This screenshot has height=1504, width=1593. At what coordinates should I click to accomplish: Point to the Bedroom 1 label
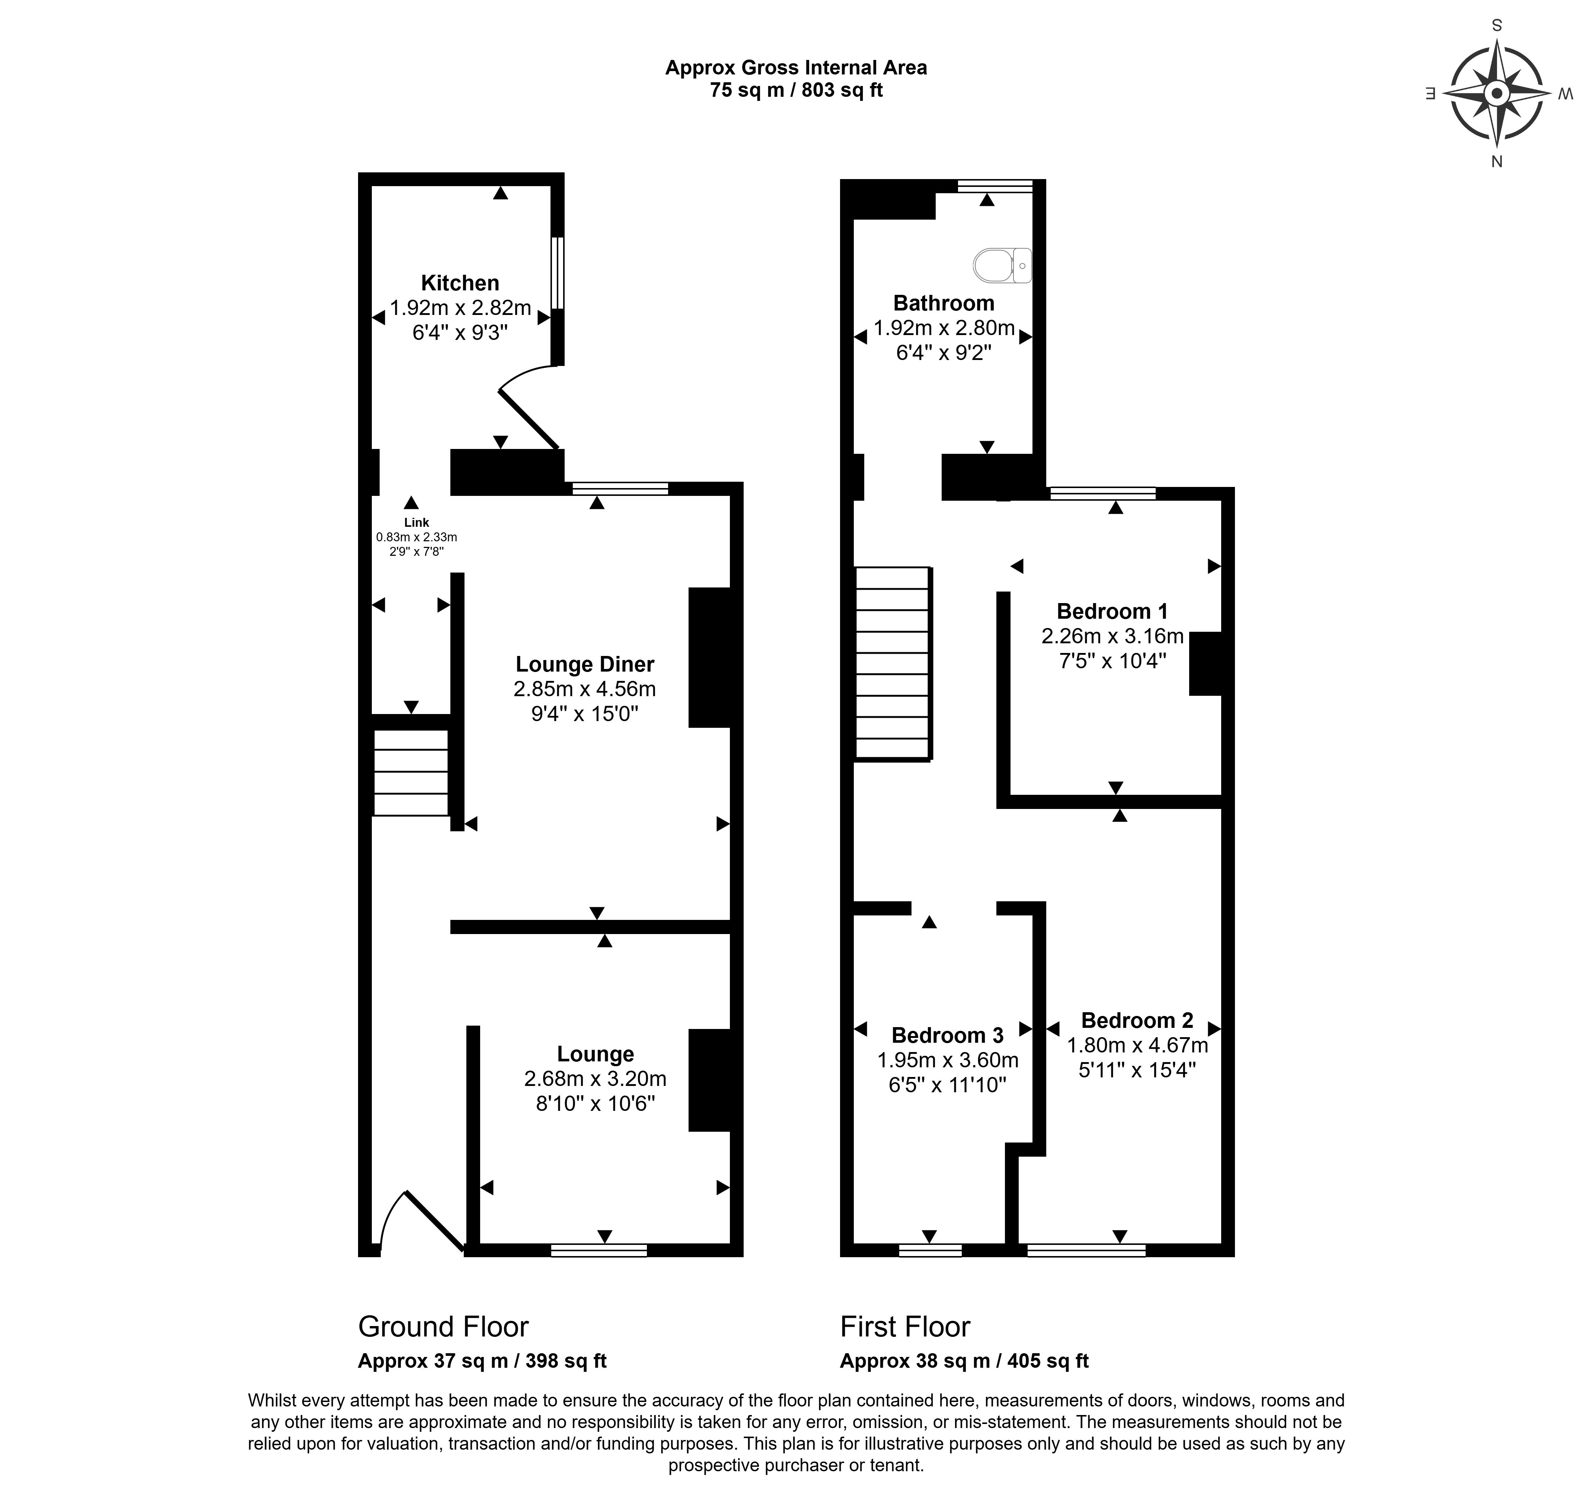coord(1112,611)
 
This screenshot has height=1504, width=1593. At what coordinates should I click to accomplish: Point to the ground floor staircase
coord(411,772)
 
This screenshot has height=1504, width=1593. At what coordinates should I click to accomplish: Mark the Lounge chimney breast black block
coord(709,1080)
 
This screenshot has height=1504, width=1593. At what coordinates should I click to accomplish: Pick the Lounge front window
coord(599,1250)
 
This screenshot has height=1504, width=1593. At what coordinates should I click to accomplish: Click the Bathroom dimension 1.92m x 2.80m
coord(944,328)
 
